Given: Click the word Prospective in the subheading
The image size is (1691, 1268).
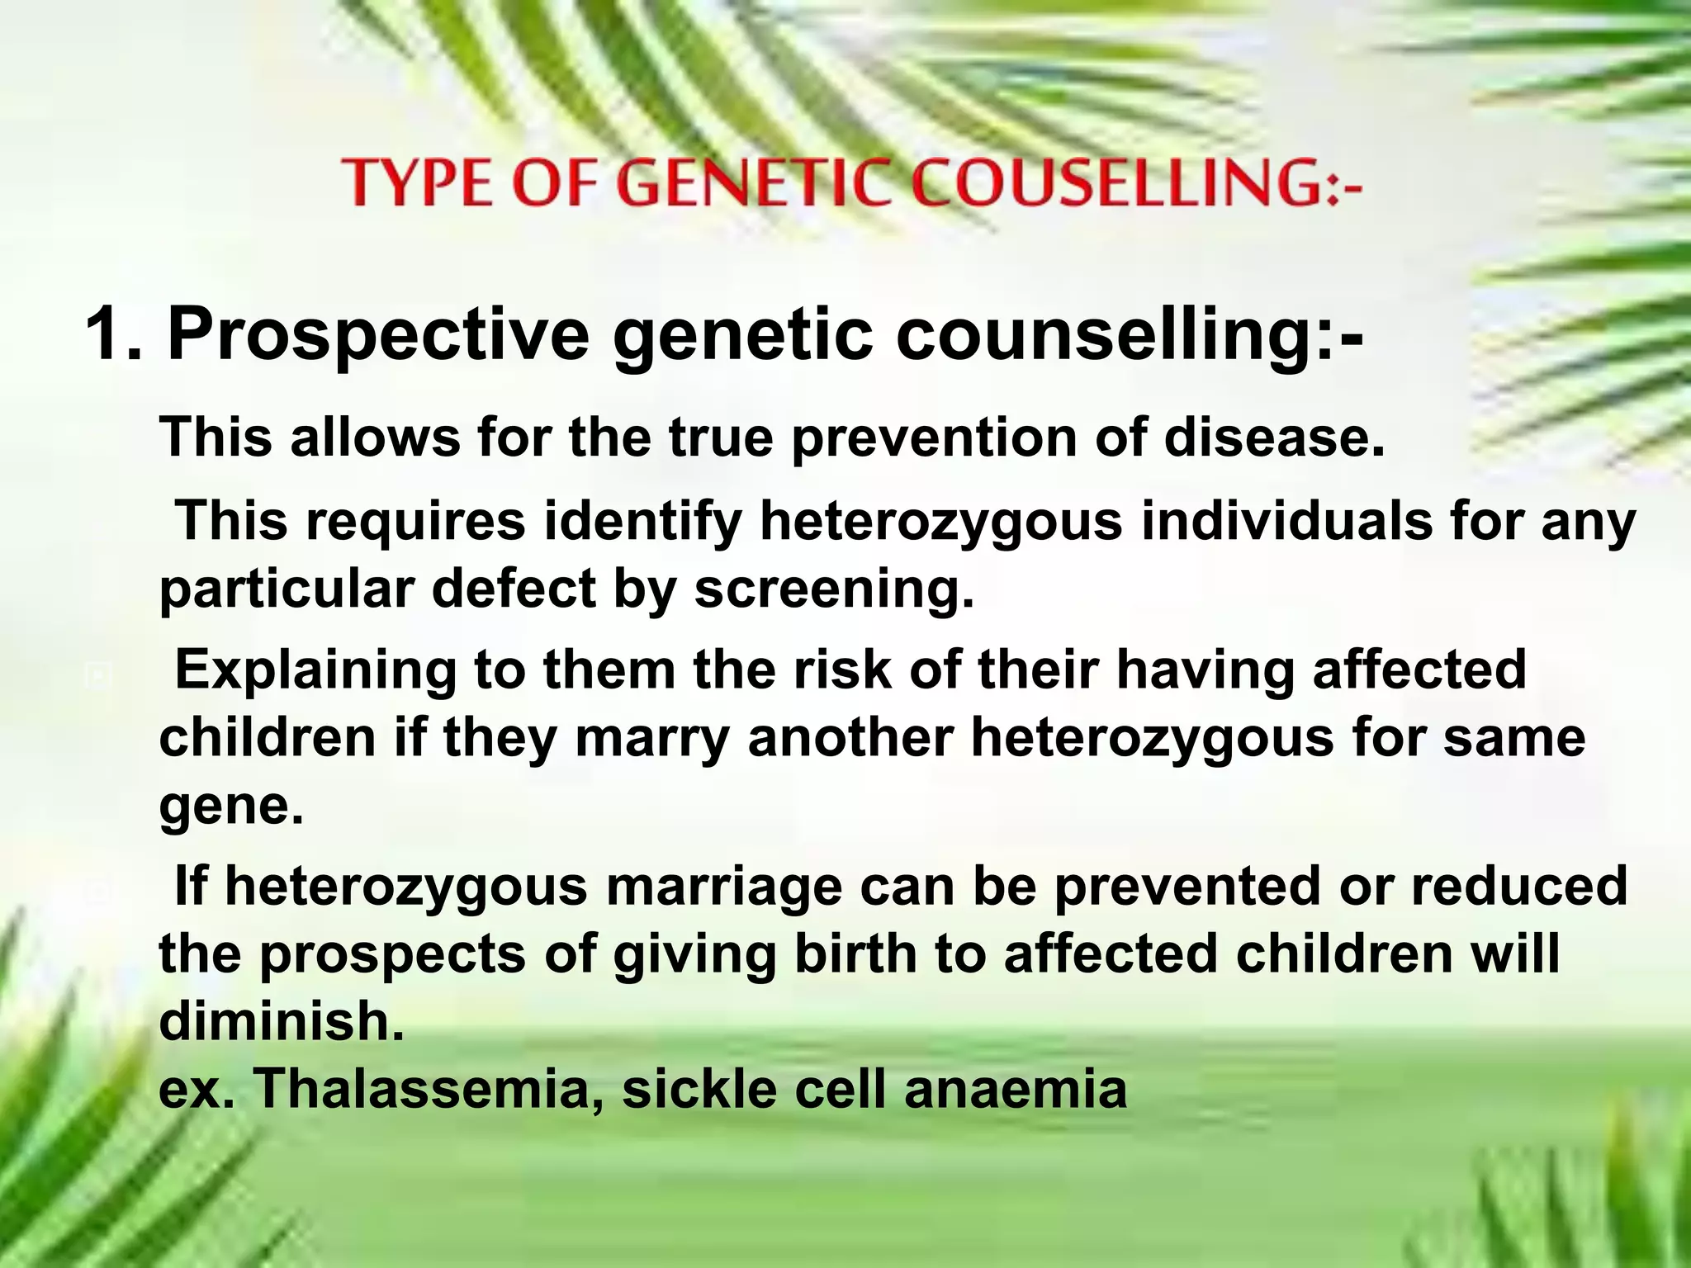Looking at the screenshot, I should tap(378, 334).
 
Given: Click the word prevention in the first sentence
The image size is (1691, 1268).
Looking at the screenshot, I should tap(933, 438).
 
